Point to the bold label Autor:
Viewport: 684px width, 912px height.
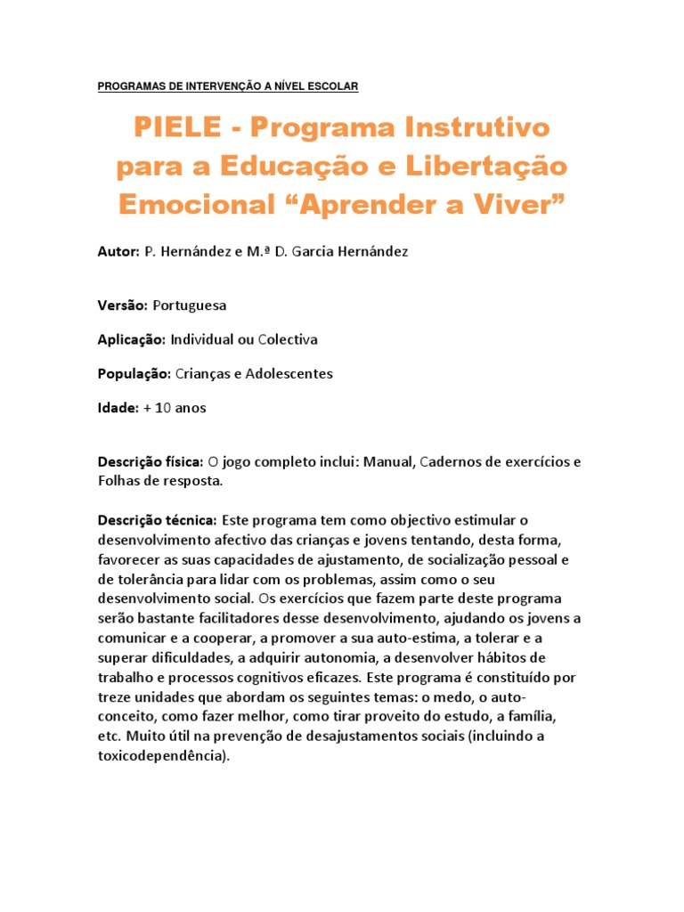coord(118,252)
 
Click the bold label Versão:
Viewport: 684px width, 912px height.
coord(123,305)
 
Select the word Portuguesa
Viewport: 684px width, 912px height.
coord(190,305)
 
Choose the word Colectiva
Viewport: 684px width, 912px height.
coord(288,339)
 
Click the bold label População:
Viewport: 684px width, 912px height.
coord(134,373)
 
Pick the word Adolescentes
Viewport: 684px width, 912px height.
coord(281,373)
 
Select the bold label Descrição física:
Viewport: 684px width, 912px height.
coord(151,462)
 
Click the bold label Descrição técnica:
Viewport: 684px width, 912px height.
coord(157,519)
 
